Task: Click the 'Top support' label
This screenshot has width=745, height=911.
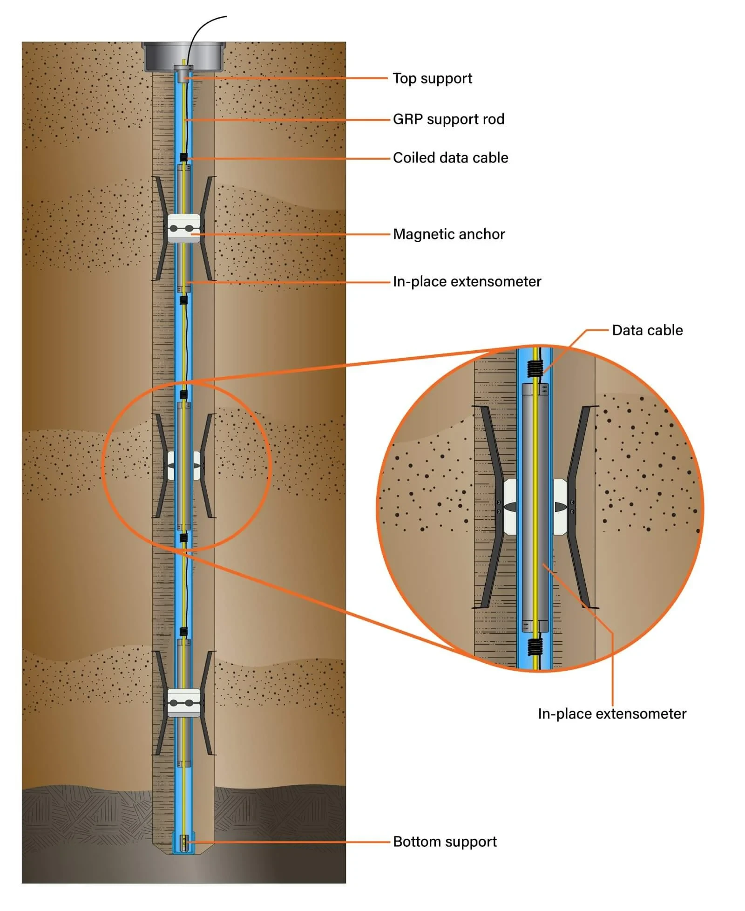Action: (x=432, y=78)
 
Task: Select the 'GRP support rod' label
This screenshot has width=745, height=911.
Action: (x=448, y=119)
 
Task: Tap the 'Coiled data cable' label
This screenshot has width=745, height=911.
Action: (x=450, y=158)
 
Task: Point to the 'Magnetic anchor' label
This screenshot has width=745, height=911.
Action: (x=449, y=234)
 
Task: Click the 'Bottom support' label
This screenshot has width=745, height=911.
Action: (x=445, y=842)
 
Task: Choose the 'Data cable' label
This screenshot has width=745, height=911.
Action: (x=647, y=330)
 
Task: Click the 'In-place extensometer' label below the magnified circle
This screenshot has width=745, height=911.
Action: (x=612, y=714)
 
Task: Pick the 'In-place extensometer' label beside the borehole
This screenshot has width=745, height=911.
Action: (x=467, y=282)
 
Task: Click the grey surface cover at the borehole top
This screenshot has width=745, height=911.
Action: (x=183, y=55)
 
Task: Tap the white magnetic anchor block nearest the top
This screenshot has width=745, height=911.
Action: (x=183, y=228)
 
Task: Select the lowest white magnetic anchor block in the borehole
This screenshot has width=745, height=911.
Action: (x=183, y=703)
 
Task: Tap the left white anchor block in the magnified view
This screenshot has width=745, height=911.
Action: (x=510, y=506)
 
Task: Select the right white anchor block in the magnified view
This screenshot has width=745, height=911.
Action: (x=560, y=506)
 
